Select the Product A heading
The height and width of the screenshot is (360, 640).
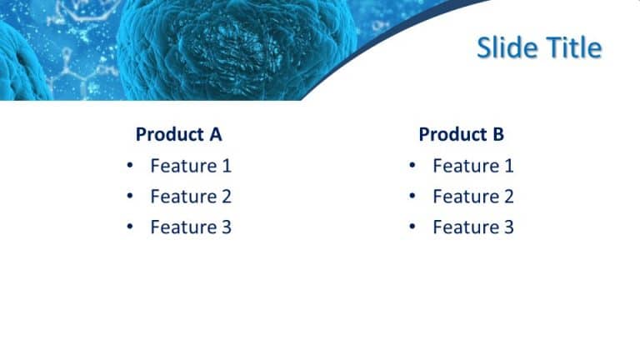tap(178, 134)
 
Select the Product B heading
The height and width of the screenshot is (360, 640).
tap(461, 134)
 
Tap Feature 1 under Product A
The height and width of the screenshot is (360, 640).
tap(191, 166)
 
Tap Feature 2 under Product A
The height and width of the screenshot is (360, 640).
tap(191, 197)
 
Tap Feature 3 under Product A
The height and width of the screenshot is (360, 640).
tap(191, 227)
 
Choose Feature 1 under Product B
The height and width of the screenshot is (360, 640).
tap(473, 166)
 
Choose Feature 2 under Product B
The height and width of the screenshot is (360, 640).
tap(473, 197)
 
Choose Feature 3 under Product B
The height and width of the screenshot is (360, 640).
tap(473, 227)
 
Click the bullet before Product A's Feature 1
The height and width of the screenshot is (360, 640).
tap(129, 166)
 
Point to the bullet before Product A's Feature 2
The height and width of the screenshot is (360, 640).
tap(129, 197)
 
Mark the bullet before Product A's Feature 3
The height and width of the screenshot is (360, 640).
tap(129, 227)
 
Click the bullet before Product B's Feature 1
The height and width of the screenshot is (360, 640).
tap(412, 166)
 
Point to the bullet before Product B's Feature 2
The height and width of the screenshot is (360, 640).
tap(412, 197)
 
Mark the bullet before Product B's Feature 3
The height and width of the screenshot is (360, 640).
tap(412, 227)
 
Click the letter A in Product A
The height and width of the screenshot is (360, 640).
tap(215, 134)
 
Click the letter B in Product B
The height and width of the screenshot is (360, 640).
tap(497, 134)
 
